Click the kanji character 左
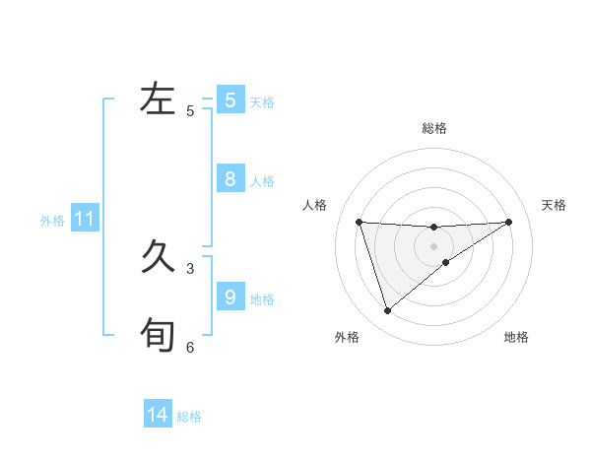point(158,99)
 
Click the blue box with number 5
point(230,99)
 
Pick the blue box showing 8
point(230,179)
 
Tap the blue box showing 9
point(230,297)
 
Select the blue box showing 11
point(84,219)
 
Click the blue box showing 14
point(158,415)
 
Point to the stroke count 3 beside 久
point(190,268)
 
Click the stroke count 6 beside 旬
point(190,347)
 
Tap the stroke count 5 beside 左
point(190,111)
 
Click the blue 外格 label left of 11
point(52,221)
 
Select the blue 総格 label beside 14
point(189,417)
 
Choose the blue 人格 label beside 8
point(262,181)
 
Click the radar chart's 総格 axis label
point(433,128)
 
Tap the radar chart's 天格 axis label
point(554,205)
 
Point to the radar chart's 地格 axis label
point(516,338)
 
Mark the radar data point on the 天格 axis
point(508,222)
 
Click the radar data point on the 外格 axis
point(387,311)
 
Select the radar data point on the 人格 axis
point(360,222)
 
